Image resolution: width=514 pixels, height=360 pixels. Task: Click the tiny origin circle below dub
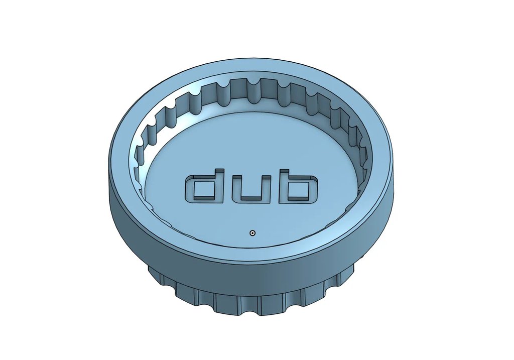coord(252,233)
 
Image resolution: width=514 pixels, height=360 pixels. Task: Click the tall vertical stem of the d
coord(219,183)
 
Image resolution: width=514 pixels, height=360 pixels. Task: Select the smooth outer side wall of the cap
coord(251,279)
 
